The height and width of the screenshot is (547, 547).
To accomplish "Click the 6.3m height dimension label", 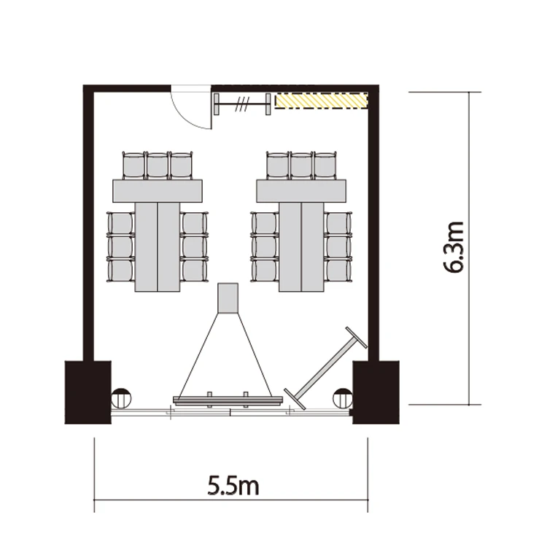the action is click(x=453, y=247).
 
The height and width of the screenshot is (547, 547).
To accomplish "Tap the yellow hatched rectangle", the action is click(x=322, y=101).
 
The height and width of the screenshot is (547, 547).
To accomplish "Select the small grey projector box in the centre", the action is click(x=228, y=298).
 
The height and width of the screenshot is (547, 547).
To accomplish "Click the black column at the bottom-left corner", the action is click(x=88, y=392).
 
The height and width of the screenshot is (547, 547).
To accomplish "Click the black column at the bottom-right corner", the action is click(x=376, y=392).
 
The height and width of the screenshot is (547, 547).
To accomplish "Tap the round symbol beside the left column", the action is click(x=121, y=398).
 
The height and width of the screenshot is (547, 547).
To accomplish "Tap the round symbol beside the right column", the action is click(x=343, y=398).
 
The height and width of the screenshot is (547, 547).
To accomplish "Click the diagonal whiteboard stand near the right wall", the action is click(x=325, y=368).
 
